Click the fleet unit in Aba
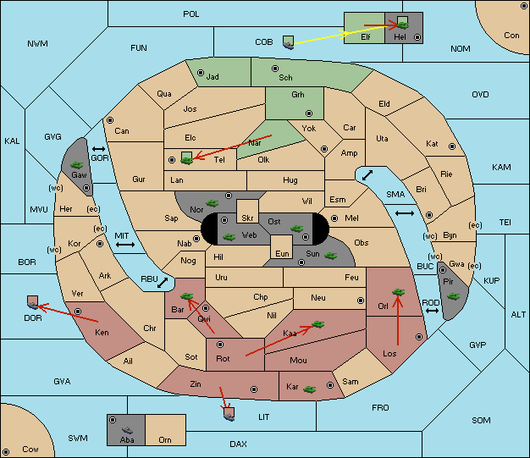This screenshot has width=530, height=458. (x=127, y=430)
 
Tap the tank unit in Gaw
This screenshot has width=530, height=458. (x=77, y=165)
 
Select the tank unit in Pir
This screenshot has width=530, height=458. (x=453, y=296)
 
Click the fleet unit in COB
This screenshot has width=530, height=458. (x=289, y=42)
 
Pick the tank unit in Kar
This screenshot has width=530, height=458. (x=310, y=389)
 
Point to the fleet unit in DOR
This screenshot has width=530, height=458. (x=33, y=302)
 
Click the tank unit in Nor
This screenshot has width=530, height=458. (x=213, y=203)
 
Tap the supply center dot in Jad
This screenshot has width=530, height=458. (x=201, y=73)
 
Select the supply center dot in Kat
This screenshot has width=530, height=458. (x=452, y=146)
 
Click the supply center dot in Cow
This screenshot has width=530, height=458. (x=6, y=452)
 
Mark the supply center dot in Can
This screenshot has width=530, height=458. (x=110, y=120)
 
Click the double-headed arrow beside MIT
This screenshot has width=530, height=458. (x=125, y=245)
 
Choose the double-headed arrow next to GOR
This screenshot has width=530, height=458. (x=99, y=149)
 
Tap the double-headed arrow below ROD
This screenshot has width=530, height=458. (x=432, y=311)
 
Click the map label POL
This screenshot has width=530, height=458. (x=191, y=14)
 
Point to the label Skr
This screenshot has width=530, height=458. (x=247, y=218)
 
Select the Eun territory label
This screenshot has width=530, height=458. (x=282, y=254)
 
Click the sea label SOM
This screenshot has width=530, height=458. (x=481, y=420)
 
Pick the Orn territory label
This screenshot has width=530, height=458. (x=165, y=439)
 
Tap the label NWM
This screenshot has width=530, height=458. (x=37, y=44)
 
